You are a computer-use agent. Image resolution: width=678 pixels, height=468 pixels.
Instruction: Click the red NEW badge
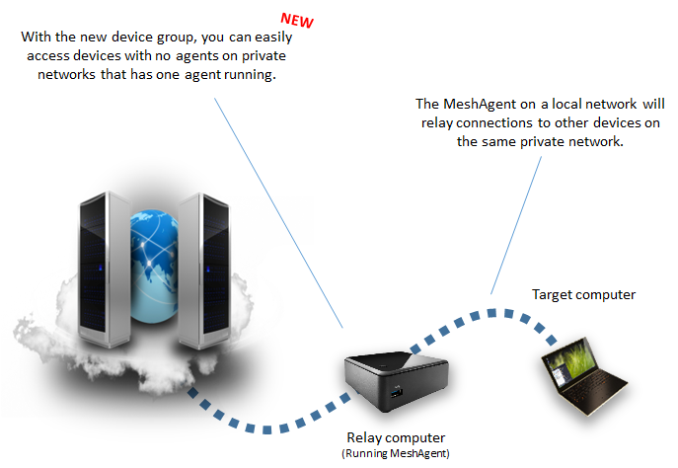tap(297, 21)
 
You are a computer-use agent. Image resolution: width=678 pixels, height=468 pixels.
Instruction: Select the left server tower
tap(105, 269)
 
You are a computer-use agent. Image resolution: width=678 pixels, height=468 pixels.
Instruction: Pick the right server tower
tap(204, 271)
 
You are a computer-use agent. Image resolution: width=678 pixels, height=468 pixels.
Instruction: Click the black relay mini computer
tap(396, 381)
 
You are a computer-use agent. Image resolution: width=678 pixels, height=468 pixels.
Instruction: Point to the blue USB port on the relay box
tap(397, 393)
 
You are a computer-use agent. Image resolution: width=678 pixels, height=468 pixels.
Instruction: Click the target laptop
tap(582, 376)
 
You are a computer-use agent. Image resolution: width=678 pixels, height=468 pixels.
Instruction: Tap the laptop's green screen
tap(570, 360)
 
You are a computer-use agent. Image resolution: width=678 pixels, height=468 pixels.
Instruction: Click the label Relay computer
tap(396, 437)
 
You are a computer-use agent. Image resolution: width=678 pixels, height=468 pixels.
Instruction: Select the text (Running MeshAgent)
tap(396, 453)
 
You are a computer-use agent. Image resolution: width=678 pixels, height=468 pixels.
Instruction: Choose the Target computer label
tap(583, 294)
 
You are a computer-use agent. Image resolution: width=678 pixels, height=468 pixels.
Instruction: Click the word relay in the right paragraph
tap(437, 123)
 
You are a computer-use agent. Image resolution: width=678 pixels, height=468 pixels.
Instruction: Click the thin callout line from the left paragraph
tap(278, 213)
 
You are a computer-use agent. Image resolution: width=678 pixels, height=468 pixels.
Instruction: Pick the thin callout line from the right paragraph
tap(516, 225)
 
